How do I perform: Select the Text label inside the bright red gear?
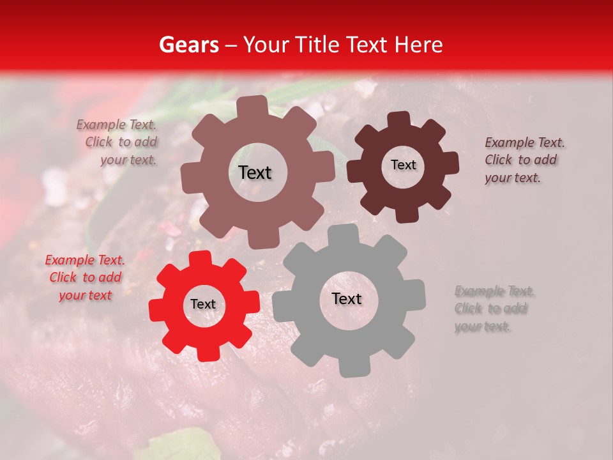tap(203, 305)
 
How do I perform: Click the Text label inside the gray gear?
tap(347, 299)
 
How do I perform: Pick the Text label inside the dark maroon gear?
tap(403, 165)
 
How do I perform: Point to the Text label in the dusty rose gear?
tap(255, 172)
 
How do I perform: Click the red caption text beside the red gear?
tap(86, 278)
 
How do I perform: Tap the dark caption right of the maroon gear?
tap(524, 160)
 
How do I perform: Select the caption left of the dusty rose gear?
tap(118, 142)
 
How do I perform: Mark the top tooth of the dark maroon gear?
tap(398, 119)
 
